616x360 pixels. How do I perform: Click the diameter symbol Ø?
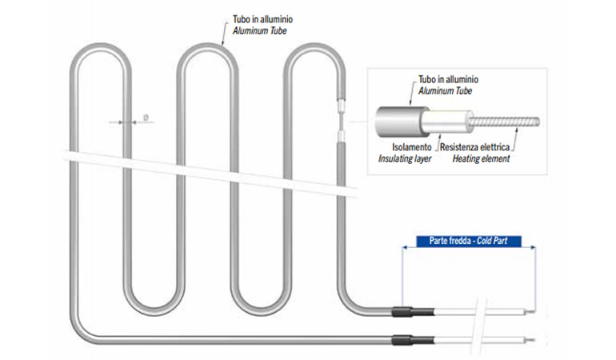[146, 118]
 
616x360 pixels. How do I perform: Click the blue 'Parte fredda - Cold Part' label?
[467, 241]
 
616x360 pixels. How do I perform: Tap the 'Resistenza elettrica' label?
[476, 148]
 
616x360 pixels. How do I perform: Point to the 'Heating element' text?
[482, 158]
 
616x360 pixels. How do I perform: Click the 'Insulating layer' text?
[406, 158]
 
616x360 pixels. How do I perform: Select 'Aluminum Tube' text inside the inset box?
[445, 91]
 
